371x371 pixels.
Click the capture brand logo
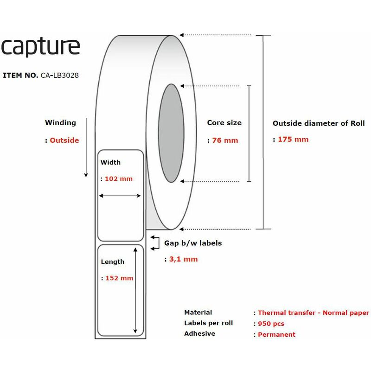(40, 47)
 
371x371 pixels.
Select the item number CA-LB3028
(60, 75)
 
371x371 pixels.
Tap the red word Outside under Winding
(64, 141)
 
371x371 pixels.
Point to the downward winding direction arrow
(86, 147)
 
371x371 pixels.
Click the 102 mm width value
(119, 179)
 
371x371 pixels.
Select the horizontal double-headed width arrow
(120, 196)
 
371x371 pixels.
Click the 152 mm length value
(119, 278)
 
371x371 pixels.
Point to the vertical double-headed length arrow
(135, 290)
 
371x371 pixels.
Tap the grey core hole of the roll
(171, 133)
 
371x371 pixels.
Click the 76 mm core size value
(225, 141)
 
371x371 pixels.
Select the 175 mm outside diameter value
(293, 140)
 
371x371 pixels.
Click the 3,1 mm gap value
(183, 259)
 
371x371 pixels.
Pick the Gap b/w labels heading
(193, 243)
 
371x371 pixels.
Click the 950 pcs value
(271, 323)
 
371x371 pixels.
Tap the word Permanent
(276, 334)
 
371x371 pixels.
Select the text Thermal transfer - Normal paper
(313, 313)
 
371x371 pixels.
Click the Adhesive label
(200, 333)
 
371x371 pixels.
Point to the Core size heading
(224, 122)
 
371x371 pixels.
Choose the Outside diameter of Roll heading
(319, 123)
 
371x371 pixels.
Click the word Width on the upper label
(110, 162)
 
